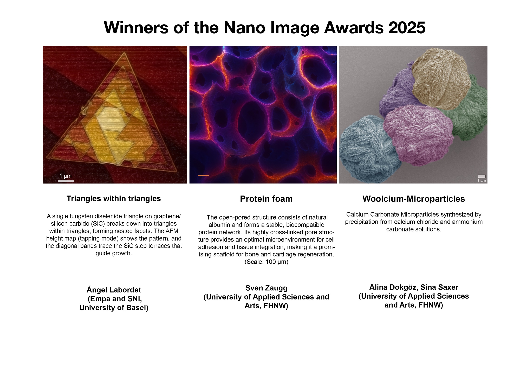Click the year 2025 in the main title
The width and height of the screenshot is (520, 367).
pyautogui.click(x=407, y=28)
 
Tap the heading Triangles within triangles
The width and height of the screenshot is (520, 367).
pyautogui.click(x=114, y=199)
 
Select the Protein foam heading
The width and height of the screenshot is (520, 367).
pyautogui.click(x=266, y=199)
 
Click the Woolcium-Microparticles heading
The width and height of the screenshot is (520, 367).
pyautogui.click(x=414, y=199)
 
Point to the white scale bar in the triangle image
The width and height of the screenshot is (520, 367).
pyautogui.click(x=66, y=181)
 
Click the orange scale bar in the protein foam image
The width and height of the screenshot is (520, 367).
pyautogui.click(x=203, y=175)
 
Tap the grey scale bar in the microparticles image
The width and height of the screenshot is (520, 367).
pyautogui.click(x=482, y=176)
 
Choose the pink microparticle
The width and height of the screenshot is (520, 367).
pyautogui.click(x=419, y=135)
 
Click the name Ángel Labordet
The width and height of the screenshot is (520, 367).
pyautogui.click(x=114, y=290)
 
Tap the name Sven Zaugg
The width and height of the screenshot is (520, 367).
pyautogui.click(x=266, y=288)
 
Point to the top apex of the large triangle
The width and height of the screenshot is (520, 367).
pyautogui.click(x=124, y=53)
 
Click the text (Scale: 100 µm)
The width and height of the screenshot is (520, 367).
pyautogui.click(x=266, y=262)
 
